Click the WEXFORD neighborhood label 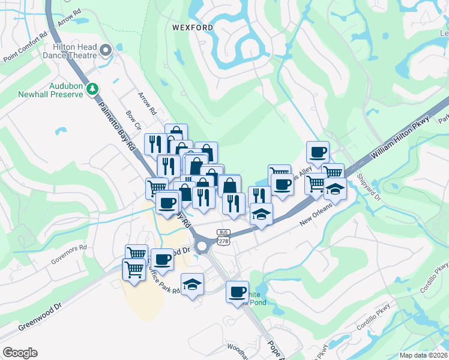193,28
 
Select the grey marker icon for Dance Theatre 106,50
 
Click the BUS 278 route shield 223,236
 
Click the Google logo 20,353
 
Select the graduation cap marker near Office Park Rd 193,283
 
